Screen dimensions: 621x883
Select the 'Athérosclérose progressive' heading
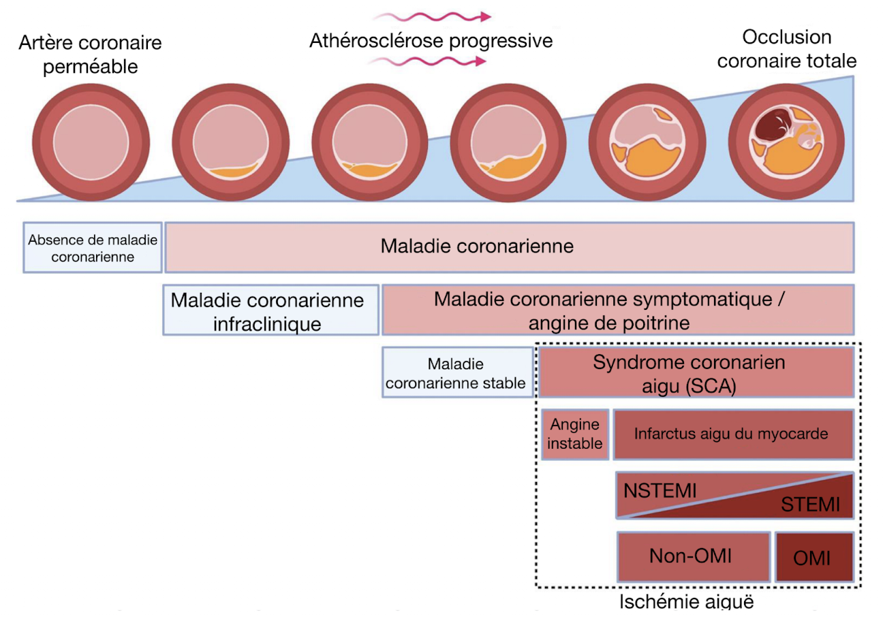[431, 41]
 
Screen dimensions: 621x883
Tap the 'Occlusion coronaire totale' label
[788, 49]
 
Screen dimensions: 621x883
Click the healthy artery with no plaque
[82, 143]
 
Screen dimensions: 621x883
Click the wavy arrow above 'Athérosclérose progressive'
[431, 16]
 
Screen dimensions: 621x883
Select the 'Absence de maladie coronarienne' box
[93, 248]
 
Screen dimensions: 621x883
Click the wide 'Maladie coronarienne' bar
[510, 246]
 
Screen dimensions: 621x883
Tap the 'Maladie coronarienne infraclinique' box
[271, 310]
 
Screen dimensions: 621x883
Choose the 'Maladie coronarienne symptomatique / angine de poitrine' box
[617, 310]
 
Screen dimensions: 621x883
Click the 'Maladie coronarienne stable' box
[457, 373]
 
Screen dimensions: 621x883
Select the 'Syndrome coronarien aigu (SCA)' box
[696, 372]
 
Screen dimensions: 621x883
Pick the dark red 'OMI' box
[814, 557]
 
